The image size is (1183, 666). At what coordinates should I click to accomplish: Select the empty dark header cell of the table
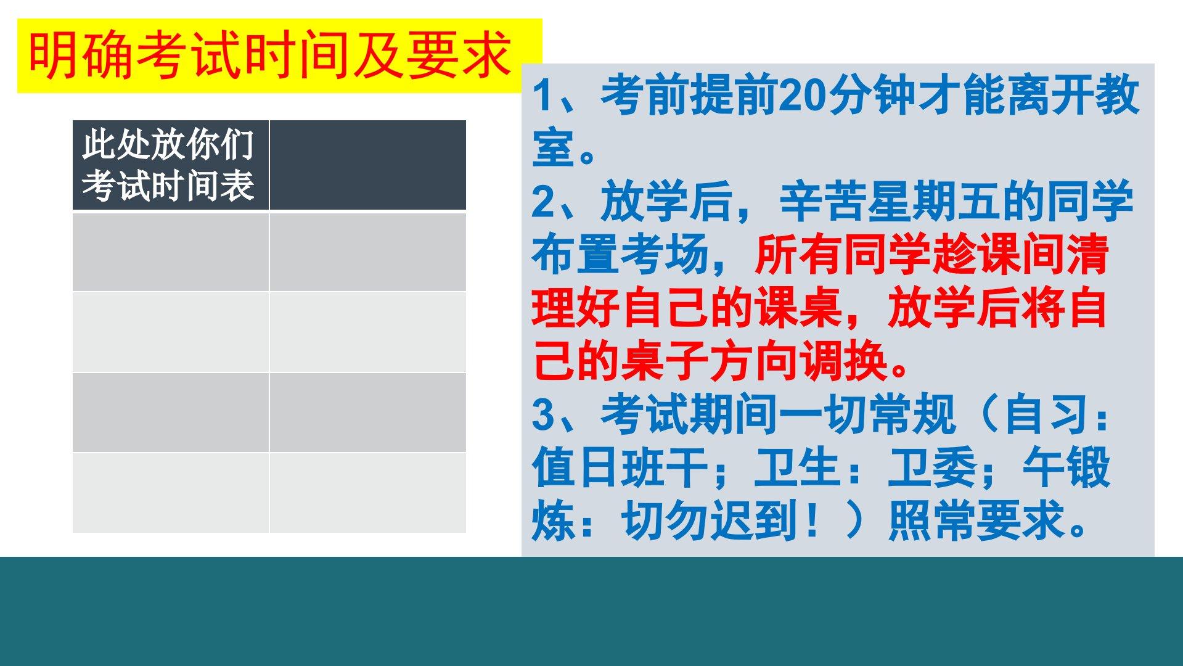tap(368, 165)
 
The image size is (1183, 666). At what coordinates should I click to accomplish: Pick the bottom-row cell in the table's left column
tap(171, 493)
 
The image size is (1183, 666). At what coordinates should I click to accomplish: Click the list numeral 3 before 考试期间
tap(544, 414)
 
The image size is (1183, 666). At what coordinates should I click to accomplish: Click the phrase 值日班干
tap(620, 467)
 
